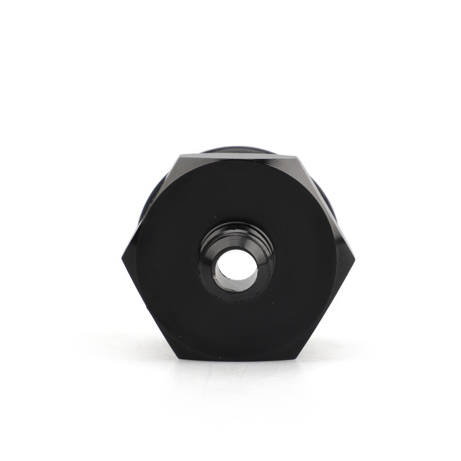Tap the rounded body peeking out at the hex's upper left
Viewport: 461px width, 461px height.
(150, 198)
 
